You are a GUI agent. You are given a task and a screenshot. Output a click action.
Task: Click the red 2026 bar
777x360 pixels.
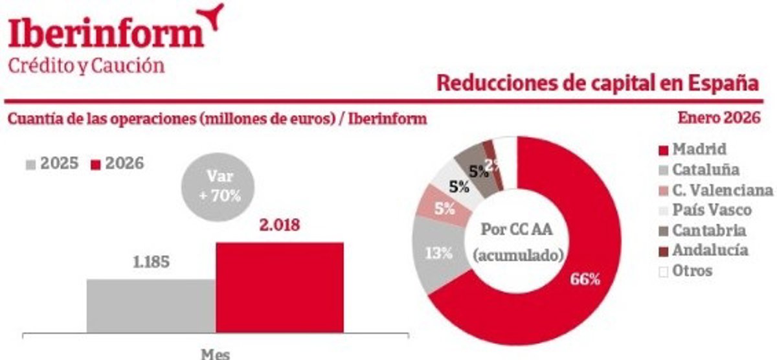point(280,287)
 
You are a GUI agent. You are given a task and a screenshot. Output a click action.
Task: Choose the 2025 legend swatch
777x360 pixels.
point(31,164)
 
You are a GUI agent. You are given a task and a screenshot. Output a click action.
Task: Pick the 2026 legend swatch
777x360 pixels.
point(96,164)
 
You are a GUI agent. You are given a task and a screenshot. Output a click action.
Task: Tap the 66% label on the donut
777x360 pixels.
point(585,279)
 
